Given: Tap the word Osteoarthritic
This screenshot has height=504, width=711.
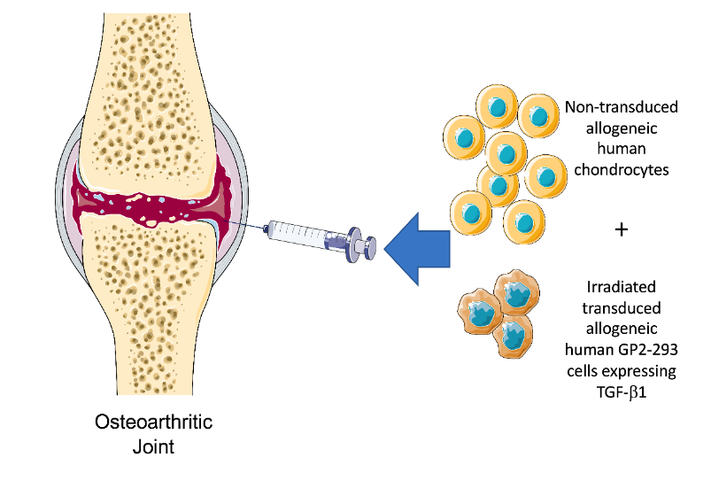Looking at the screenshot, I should (154, 423).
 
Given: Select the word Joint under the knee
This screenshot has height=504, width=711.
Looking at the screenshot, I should (154, 446).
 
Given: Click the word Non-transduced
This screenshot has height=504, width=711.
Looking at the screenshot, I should (621, 107).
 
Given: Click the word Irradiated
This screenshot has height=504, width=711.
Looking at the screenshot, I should (621, 287).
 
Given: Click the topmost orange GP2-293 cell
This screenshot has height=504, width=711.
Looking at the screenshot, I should (514, 291).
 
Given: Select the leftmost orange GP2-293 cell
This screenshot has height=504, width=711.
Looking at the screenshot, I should (477, 310).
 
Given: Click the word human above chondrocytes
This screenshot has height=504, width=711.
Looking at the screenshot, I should (621, 149).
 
